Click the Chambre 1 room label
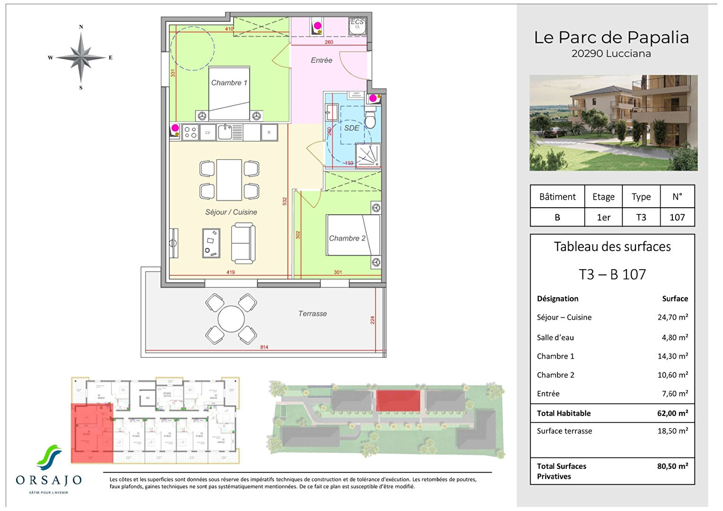229,83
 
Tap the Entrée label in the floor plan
321,61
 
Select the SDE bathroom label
352,128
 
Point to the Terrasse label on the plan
312,314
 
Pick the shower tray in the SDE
368,156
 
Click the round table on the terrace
231,319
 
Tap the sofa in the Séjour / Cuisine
243,243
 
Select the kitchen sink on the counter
225,132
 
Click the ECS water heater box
357,26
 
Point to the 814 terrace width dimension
264,347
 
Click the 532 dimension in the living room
285,201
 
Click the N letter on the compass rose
81,27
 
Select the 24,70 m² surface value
672,317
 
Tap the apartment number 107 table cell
677,217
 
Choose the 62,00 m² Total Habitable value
672,414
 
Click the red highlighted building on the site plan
398,401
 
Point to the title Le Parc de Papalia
611,37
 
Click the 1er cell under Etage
603,217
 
